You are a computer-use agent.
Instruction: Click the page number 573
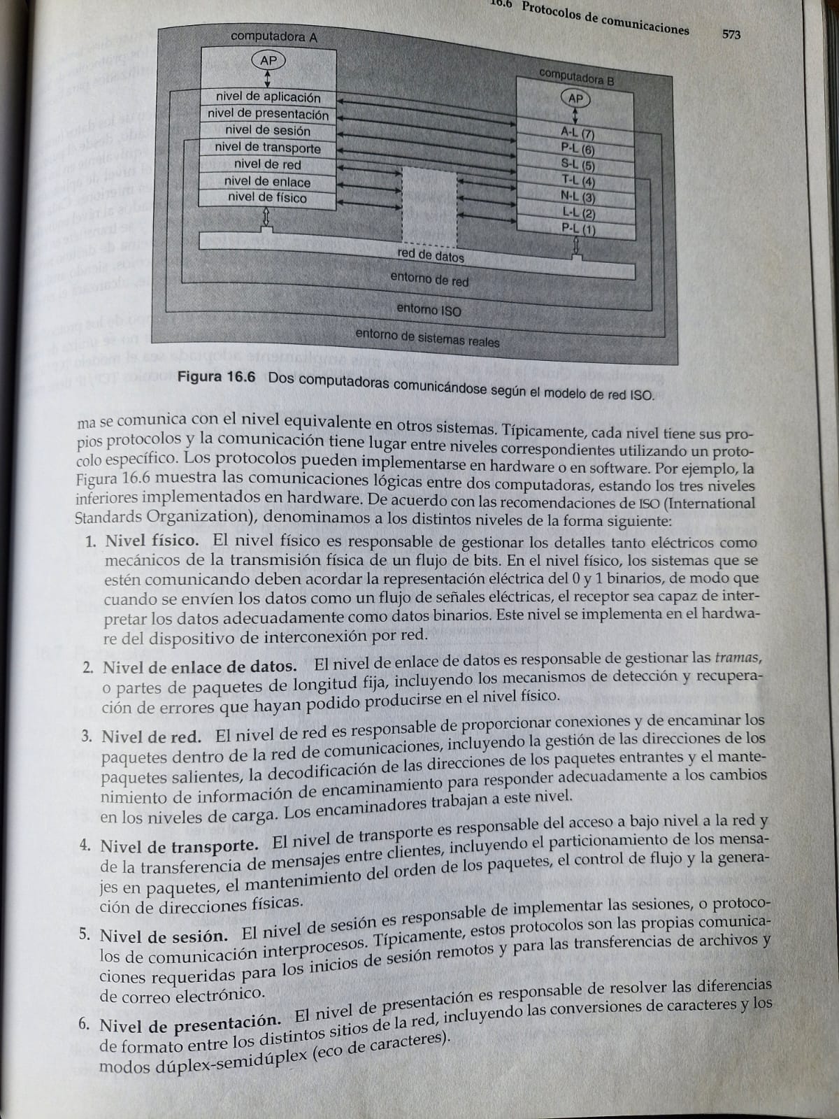731,34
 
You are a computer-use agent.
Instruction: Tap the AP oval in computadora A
268,61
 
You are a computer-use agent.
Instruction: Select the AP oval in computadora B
575,99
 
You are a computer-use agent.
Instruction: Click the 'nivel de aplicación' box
268,97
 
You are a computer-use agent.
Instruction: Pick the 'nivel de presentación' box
268,114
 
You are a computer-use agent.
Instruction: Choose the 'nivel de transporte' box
268,148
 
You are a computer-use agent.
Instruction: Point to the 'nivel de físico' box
267,198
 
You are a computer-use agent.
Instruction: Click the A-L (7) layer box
578,132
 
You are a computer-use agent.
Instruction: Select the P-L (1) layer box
578,229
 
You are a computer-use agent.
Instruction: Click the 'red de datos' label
431,256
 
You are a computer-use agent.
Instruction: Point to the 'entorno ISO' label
429,309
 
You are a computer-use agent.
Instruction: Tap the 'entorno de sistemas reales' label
427,338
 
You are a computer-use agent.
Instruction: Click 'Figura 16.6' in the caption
217,377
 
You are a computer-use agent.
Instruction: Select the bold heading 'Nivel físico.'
152,541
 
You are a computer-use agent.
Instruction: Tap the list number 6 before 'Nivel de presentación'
83,1025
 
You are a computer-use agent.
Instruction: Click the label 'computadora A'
274,36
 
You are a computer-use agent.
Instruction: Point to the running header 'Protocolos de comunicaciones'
605,20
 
